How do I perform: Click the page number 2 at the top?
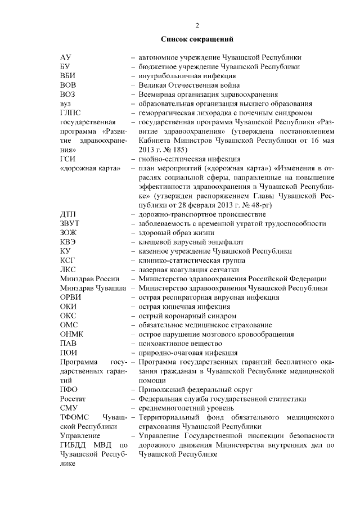point(197,25)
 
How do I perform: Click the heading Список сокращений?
point(197,39)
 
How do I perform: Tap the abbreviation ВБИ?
point(68,76)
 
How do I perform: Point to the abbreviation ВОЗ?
point(68,94)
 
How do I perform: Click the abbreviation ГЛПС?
point(71,112)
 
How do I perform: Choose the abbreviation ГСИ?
point(68,159)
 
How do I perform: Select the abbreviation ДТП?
point(69,214)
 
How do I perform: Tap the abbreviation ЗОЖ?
point(69,232)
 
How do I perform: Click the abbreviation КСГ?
point(69,260)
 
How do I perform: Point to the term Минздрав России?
point(90,279)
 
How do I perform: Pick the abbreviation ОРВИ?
point(71,298)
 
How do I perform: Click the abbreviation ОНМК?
point(72,334)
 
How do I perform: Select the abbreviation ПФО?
point(69,389)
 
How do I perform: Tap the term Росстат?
point(73,399)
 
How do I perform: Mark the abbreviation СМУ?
point(69,408)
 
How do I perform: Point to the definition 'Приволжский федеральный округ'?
point(192,389)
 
